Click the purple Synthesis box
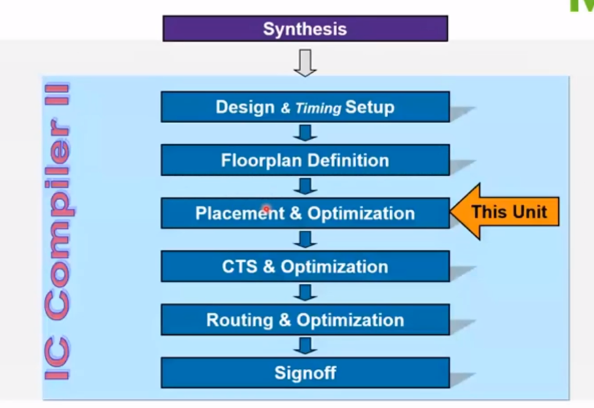(305, 29)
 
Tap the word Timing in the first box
(318, 108)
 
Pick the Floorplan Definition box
(305, 160)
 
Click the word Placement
(240, 213)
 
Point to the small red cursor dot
(266, 209)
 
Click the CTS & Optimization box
(305, 266)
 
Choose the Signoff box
(305, 373)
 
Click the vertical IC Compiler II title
(57, 232)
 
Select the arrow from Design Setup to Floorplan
(305, 133)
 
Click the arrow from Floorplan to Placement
(305, 186)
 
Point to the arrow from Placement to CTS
(305, 239)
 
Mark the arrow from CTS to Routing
(305, 292)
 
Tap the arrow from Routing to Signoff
(305, 345)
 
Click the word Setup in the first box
(369, 107)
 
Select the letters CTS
(240, 266)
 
